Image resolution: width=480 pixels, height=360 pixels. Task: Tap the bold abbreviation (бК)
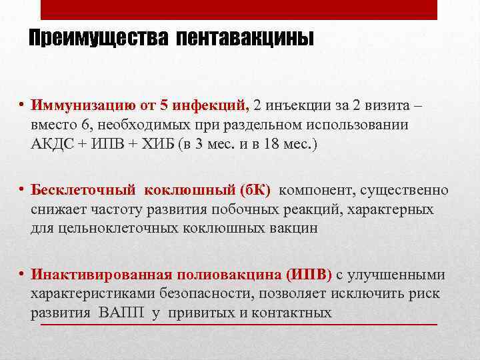click(x=248, y=191)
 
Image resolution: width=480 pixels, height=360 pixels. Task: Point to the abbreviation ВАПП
click(x=125, y=313)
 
